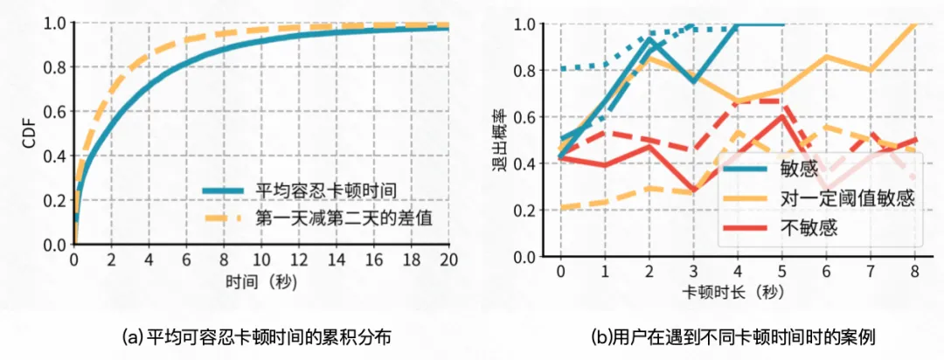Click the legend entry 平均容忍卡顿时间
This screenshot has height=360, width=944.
pyautogui.click(x=321, y=190)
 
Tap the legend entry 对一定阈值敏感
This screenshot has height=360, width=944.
pyautogui.click(x=845, y=197)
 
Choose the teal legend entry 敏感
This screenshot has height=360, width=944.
pyautogui.click(x=796, y=168)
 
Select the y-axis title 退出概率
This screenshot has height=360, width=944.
pyautogui.click(x=504, y=140)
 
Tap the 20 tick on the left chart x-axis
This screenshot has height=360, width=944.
pyautogui.click(x=448, y=261)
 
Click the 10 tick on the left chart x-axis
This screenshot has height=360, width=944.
pyautogui.click(x=260, y=261)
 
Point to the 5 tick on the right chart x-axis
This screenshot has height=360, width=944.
pyautogui.click(x=782, y=272)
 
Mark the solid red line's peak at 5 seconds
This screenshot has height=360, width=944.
pyautogui.click(x=782, y=116)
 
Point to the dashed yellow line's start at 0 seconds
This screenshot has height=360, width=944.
pyautogui.click(x=560, y=208)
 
